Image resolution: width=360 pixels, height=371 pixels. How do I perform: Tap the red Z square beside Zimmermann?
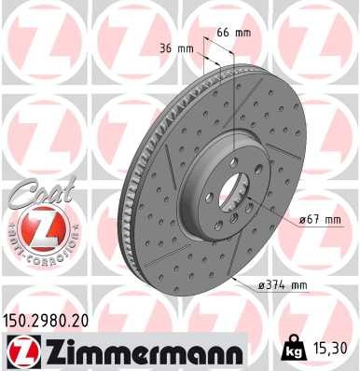18,350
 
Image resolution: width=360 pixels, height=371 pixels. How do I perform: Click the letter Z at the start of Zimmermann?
48,350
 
